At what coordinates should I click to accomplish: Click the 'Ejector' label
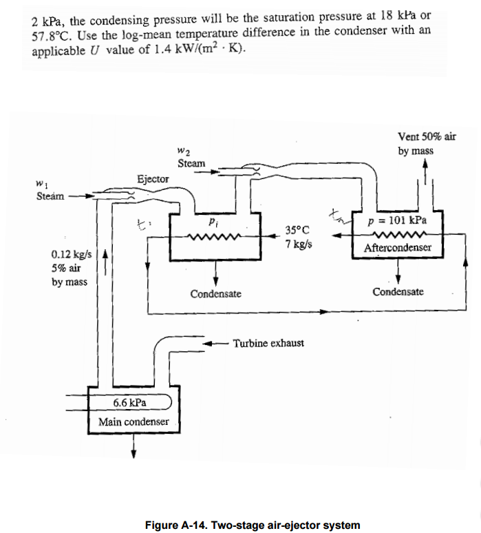152,178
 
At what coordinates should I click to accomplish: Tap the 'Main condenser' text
133,421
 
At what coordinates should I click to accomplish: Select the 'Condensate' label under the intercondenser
215,294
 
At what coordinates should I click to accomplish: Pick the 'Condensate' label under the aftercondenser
398,292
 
